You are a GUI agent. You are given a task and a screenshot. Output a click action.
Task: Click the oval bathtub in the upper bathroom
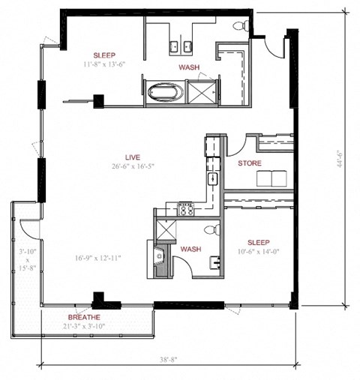(x=162, y=94)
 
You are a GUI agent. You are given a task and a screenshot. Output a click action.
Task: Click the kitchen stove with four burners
(x=184, y=208)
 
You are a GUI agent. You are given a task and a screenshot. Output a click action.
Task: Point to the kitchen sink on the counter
(x=213, y=178)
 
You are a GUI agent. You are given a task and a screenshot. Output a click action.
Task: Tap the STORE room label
(x=249, y=163)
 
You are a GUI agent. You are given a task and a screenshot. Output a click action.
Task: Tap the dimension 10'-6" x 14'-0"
(x=258, y=252)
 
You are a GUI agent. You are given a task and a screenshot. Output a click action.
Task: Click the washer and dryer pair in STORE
(x=271, y=178)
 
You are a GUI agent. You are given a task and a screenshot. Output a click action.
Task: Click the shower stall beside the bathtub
(x=201, y=94)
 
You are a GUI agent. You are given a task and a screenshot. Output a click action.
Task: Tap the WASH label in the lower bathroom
(x=191, y=249)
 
